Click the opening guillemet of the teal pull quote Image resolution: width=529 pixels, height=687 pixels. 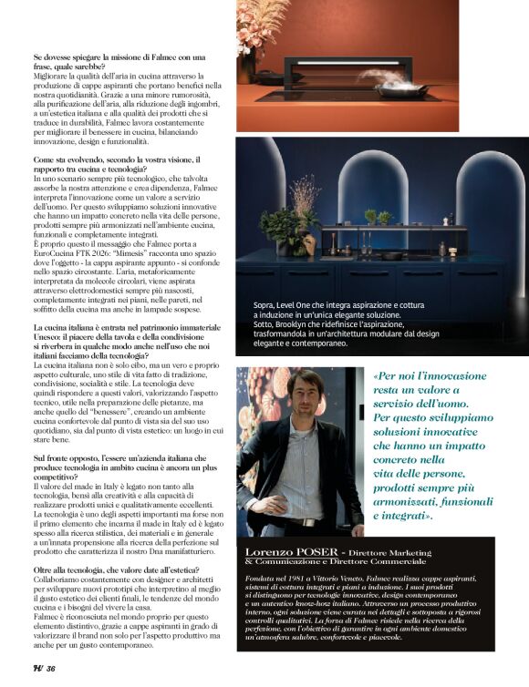[376, 376]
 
